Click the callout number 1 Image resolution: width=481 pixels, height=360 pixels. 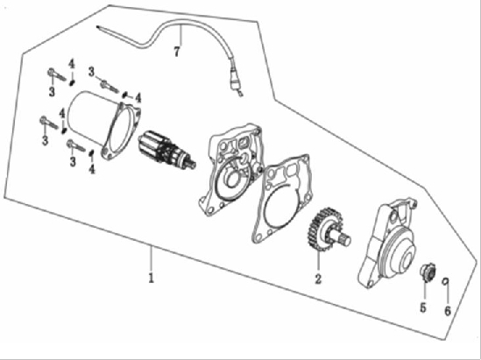click(x=151, y=277)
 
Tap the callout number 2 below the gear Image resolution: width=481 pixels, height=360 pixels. click(x=318, y=279)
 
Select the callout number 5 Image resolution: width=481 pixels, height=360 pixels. click(x=423, y=307)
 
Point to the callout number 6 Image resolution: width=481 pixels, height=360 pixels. click(x=448, y=311)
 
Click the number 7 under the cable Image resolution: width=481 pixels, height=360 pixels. click(x=176, y=51)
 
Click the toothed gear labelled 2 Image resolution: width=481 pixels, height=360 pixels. click(x=322, y=229)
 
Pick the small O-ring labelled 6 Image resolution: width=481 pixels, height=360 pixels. click(x=445, y=281)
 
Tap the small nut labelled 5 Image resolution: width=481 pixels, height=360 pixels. click(x=428, y=272)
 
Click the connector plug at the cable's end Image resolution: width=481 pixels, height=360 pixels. click(x=235, y=81)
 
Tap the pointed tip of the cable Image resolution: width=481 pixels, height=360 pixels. click(x=97, y=27)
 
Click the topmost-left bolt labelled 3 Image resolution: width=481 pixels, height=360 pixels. click(x=57, y=74)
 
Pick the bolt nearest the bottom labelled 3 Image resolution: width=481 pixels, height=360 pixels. click(x=75, y=145)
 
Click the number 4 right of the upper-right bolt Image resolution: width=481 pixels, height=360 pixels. click(x=138, y=98)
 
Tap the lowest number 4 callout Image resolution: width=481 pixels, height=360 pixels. click(x=92, y=168)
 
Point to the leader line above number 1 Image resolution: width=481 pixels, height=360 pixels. click(x=151, y=258)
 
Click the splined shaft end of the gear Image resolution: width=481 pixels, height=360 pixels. click(x=344, y=237)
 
